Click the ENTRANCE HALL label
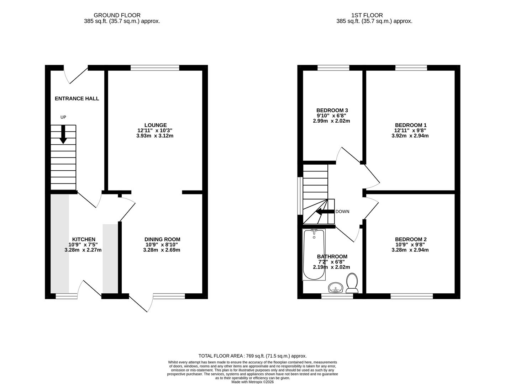tap(77, 98)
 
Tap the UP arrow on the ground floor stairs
tap(63, 134)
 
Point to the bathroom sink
tap(335, 288)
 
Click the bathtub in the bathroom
tap(314, 255)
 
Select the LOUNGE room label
tap(156, 125)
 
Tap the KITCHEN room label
tap(84, 239)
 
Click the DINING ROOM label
tap(162, 239)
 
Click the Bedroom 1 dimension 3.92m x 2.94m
tap(410, 135)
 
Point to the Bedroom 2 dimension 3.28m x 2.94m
tap(410, 250)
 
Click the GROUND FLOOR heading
tap(117, 15)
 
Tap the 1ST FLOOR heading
tap(367, 15)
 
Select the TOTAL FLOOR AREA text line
tap(252, 356)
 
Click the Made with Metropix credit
tap(252, 382)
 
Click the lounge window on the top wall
tap(155, 68)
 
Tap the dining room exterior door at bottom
tap(141, 303)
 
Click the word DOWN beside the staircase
tap(342, 212)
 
